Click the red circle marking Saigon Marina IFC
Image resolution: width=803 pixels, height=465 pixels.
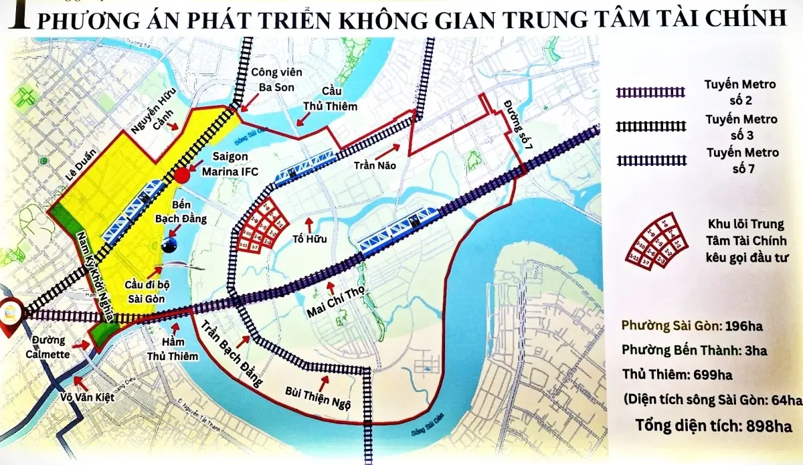[x=182, y=176]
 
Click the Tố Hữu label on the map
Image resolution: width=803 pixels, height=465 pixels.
[x=308, y=238]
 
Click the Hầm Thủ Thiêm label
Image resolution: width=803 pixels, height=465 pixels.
[x=166, y=344]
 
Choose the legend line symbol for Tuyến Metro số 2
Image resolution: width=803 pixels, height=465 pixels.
[x=652, y=92]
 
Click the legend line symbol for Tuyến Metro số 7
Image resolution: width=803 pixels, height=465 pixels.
[x=652, y=161]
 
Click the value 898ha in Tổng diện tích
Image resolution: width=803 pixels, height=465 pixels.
[x=762, y=426]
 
